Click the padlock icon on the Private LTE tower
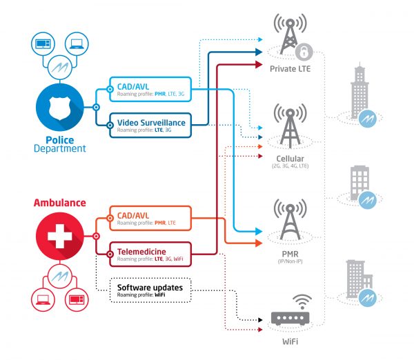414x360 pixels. [x=302, y=51]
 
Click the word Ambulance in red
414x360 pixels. [x=60, y=203]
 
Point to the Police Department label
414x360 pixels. [x=61, y=143]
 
